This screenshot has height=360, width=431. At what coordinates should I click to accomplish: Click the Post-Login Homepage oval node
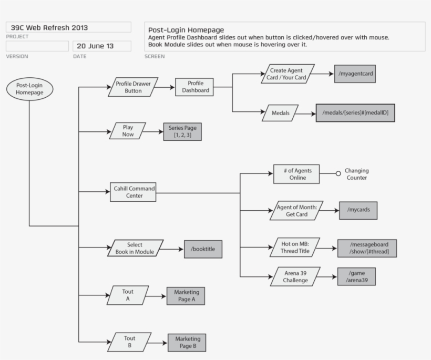[29, 88]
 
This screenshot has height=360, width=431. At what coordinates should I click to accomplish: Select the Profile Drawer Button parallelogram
[133, 87]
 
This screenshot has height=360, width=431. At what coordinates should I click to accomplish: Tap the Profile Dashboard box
[196, 87]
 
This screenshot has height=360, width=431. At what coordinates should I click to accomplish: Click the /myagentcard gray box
[355, 74]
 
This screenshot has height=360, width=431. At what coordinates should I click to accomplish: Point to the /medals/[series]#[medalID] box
[355, 113]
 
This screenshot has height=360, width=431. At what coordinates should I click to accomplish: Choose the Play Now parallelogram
[128, 131]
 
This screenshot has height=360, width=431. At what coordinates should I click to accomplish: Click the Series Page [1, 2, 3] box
[182, 131]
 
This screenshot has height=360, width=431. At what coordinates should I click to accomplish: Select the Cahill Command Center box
[132, 192]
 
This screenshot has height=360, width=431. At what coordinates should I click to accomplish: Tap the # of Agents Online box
[296, 174]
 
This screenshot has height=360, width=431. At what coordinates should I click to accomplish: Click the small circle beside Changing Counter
[338, 174]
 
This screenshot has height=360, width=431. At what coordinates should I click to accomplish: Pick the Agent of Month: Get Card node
[296, 210]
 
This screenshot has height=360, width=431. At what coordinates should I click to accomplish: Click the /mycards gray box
[358, 210]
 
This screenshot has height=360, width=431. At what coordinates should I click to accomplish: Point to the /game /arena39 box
[356, 276]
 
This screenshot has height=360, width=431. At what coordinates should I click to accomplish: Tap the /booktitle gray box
[203, 249]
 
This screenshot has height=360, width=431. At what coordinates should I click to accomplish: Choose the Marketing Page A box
[186, 296]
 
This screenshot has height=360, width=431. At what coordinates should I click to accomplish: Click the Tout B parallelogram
[129, 342]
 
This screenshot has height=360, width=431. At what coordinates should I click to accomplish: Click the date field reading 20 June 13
[101, 46]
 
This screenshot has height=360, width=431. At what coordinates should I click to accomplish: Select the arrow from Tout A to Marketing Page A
[156, 296]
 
